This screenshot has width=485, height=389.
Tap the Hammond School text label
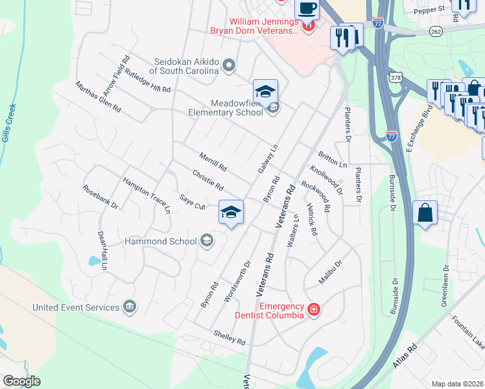pyautogui.click(x=160, y=242)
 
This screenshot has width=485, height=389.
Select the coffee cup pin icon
pyautogui.click(x=306, y=10)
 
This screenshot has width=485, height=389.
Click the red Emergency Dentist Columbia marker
pyautogui.click(x=314, y=310)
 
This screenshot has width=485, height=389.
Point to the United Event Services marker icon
pyautogui.click(x=130, y=307)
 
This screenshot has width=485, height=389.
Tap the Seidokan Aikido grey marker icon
pyautogui.click(x=228, y=65)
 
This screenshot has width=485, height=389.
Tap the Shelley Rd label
pyautogui.click(x=230, y=337)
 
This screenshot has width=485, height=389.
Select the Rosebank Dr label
pyautogui.click(x=101, y=196)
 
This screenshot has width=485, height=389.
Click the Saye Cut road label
pyautogui.click(x=193, y=202)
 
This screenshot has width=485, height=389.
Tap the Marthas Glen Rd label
pyautogui.click(x=98, y=97)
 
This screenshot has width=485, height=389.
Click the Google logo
pyautogui.click(x=21, y=381)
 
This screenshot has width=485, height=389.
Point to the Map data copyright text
pyautogui.click(x=458, y=384)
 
